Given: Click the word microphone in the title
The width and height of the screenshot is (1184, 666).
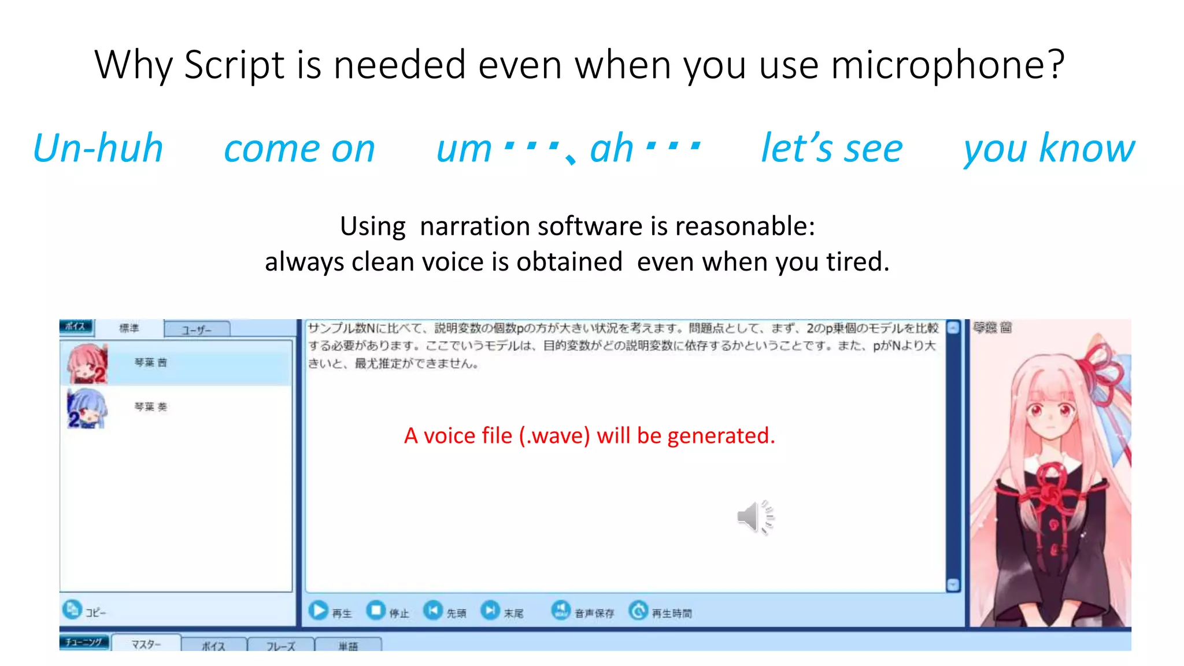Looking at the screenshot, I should tap(947, 65).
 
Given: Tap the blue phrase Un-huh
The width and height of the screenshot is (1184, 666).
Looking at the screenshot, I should tap(98, 148).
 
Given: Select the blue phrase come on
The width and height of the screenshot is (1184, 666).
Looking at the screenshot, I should tap(299, 149).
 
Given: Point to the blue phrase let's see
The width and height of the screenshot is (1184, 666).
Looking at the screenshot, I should tap(831, 148).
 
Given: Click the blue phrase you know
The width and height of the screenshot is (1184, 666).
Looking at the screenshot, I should tap(1049, 149).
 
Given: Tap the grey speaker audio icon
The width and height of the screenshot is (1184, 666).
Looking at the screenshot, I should tap(754, 517).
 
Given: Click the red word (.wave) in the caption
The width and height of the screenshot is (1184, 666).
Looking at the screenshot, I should tap(554, 436).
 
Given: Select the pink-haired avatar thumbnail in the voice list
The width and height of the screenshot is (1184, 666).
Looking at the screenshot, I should tap(87, 364).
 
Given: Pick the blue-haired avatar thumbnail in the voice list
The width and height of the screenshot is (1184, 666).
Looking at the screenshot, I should tap(87, 408).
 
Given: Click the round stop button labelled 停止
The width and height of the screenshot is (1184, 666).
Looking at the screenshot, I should tap(376, 610).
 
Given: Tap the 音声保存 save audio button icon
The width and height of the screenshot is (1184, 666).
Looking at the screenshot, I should tap(560, 610).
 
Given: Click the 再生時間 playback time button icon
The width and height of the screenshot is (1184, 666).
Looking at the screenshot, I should tap(638, 610).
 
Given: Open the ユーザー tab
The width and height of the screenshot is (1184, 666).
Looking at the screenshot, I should tap(197, 330).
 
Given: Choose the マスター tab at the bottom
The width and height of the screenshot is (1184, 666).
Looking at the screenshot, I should tap(146, 643).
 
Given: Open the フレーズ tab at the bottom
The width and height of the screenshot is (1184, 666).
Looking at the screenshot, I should tap(280, 645).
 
